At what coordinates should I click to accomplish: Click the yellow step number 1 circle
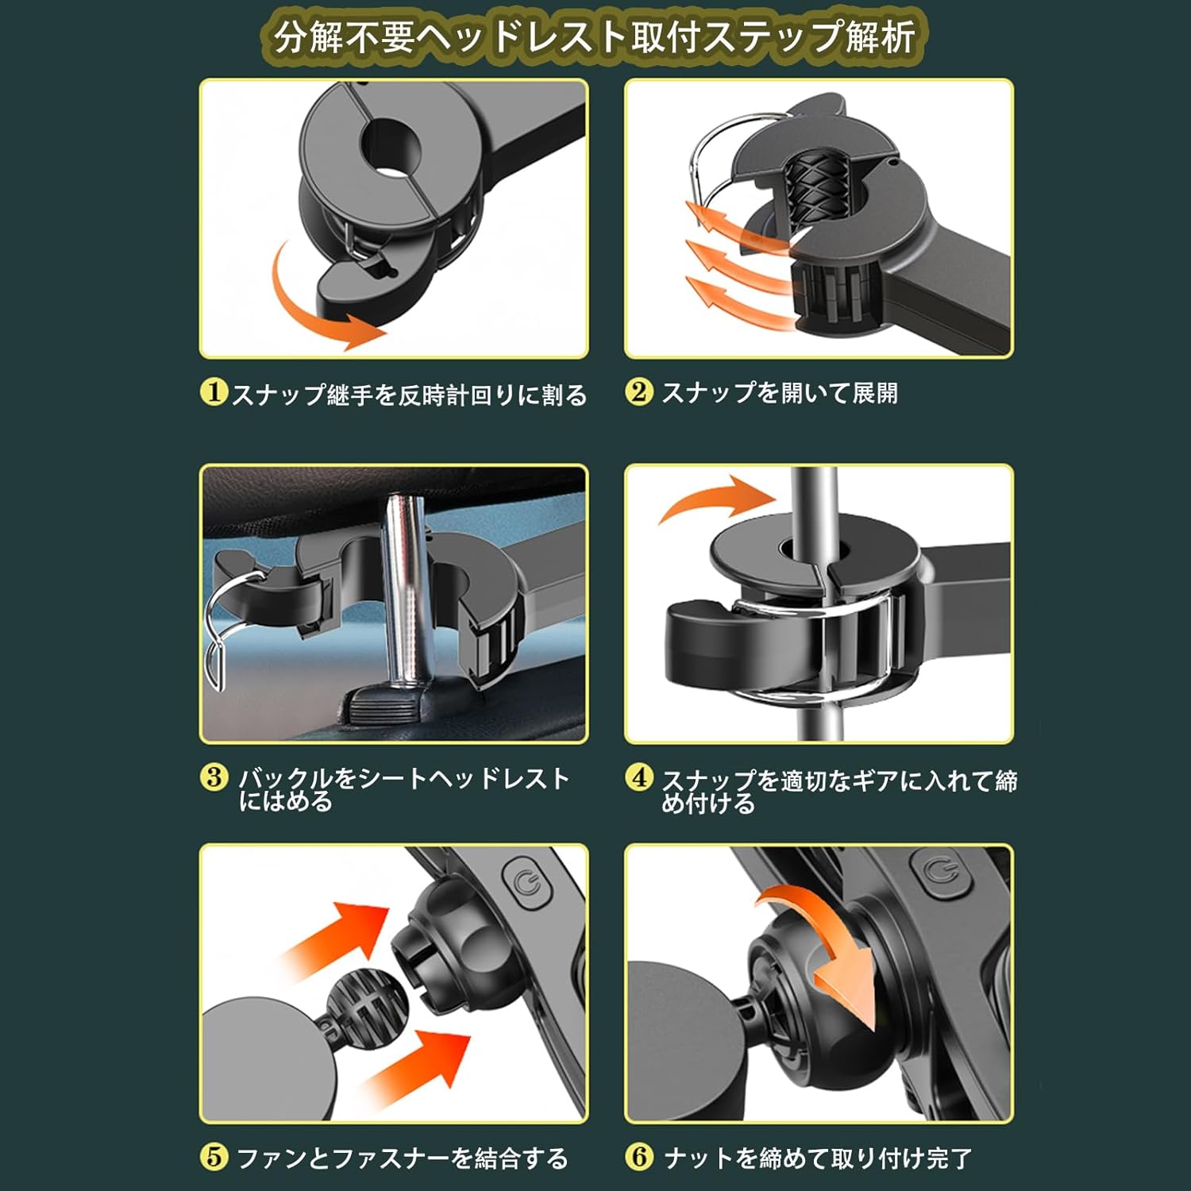pyautogui.click(x=214, y=392)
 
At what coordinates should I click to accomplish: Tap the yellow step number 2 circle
pyautogui.click(x=638, y=392)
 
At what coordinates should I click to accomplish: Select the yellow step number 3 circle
pyautogui.click(x=214, y=777)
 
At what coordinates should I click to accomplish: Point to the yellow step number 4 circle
pyautogui.click(x=638, y=777)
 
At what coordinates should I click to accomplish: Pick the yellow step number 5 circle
pyautogui.click(x=214, y=1157)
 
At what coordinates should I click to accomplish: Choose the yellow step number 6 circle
pyautogui.click(x=638, y=1157)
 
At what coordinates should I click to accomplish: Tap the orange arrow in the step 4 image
pyautogui.click(x=715, y=498)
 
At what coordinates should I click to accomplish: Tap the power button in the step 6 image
pyautogui.click(x=947, y=874)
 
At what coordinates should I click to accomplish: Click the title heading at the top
pyautogui.click(x=595, y=37)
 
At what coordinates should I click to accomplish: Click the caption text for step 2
pyautogui.click(x=780, y=392)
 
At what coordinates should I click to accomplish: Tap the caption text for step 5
pyautogui.click(x=403, y=1158)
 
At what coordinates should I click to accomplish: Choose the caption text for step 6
pyautogui.click(x=818, y=1158)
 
